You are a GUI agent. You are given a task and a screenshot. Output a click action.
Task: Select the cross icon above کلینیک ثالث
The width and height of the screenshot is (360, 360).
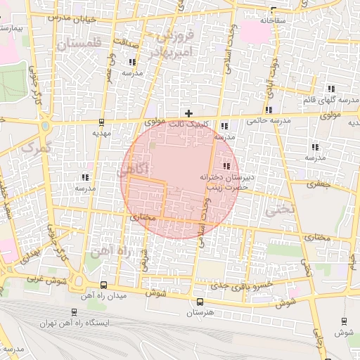188,112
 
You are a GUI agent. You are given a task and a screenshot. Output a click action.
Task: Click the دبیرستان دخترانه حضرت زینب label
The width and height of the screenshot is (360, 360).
226,182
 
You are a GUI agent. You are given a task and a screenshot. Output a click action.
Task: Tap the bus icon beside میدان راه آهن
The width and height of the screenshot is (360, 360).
103,285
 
